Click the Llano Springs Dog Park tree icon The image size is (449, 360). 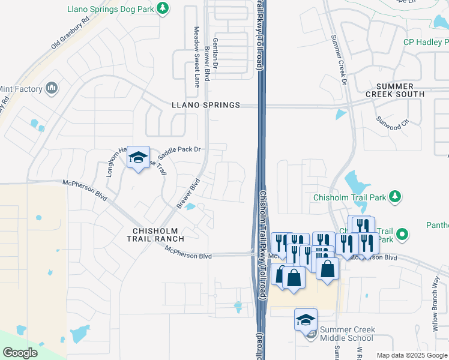click(x=161, y=8)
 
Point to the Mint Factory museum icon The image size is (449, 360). click(x=52, y=89)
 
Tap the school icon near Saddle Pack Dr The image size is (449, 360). click(x=138, y=158)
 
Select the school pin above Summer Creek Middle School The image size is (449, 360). click(x=306, y=320)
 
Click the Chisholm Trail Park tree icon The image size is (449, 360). click(x=394, y=196)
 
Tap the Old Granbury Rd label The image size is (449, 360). click(x=70, y=32)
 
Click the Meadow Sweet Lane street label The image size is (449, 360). click(x=196, y=56)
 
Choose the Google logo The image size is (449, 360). click(x=20, y=353)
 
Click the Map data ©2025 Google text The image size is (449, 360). click(x=411, y=355)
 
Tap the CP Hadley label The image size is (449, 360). click(x=426, y=42)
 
